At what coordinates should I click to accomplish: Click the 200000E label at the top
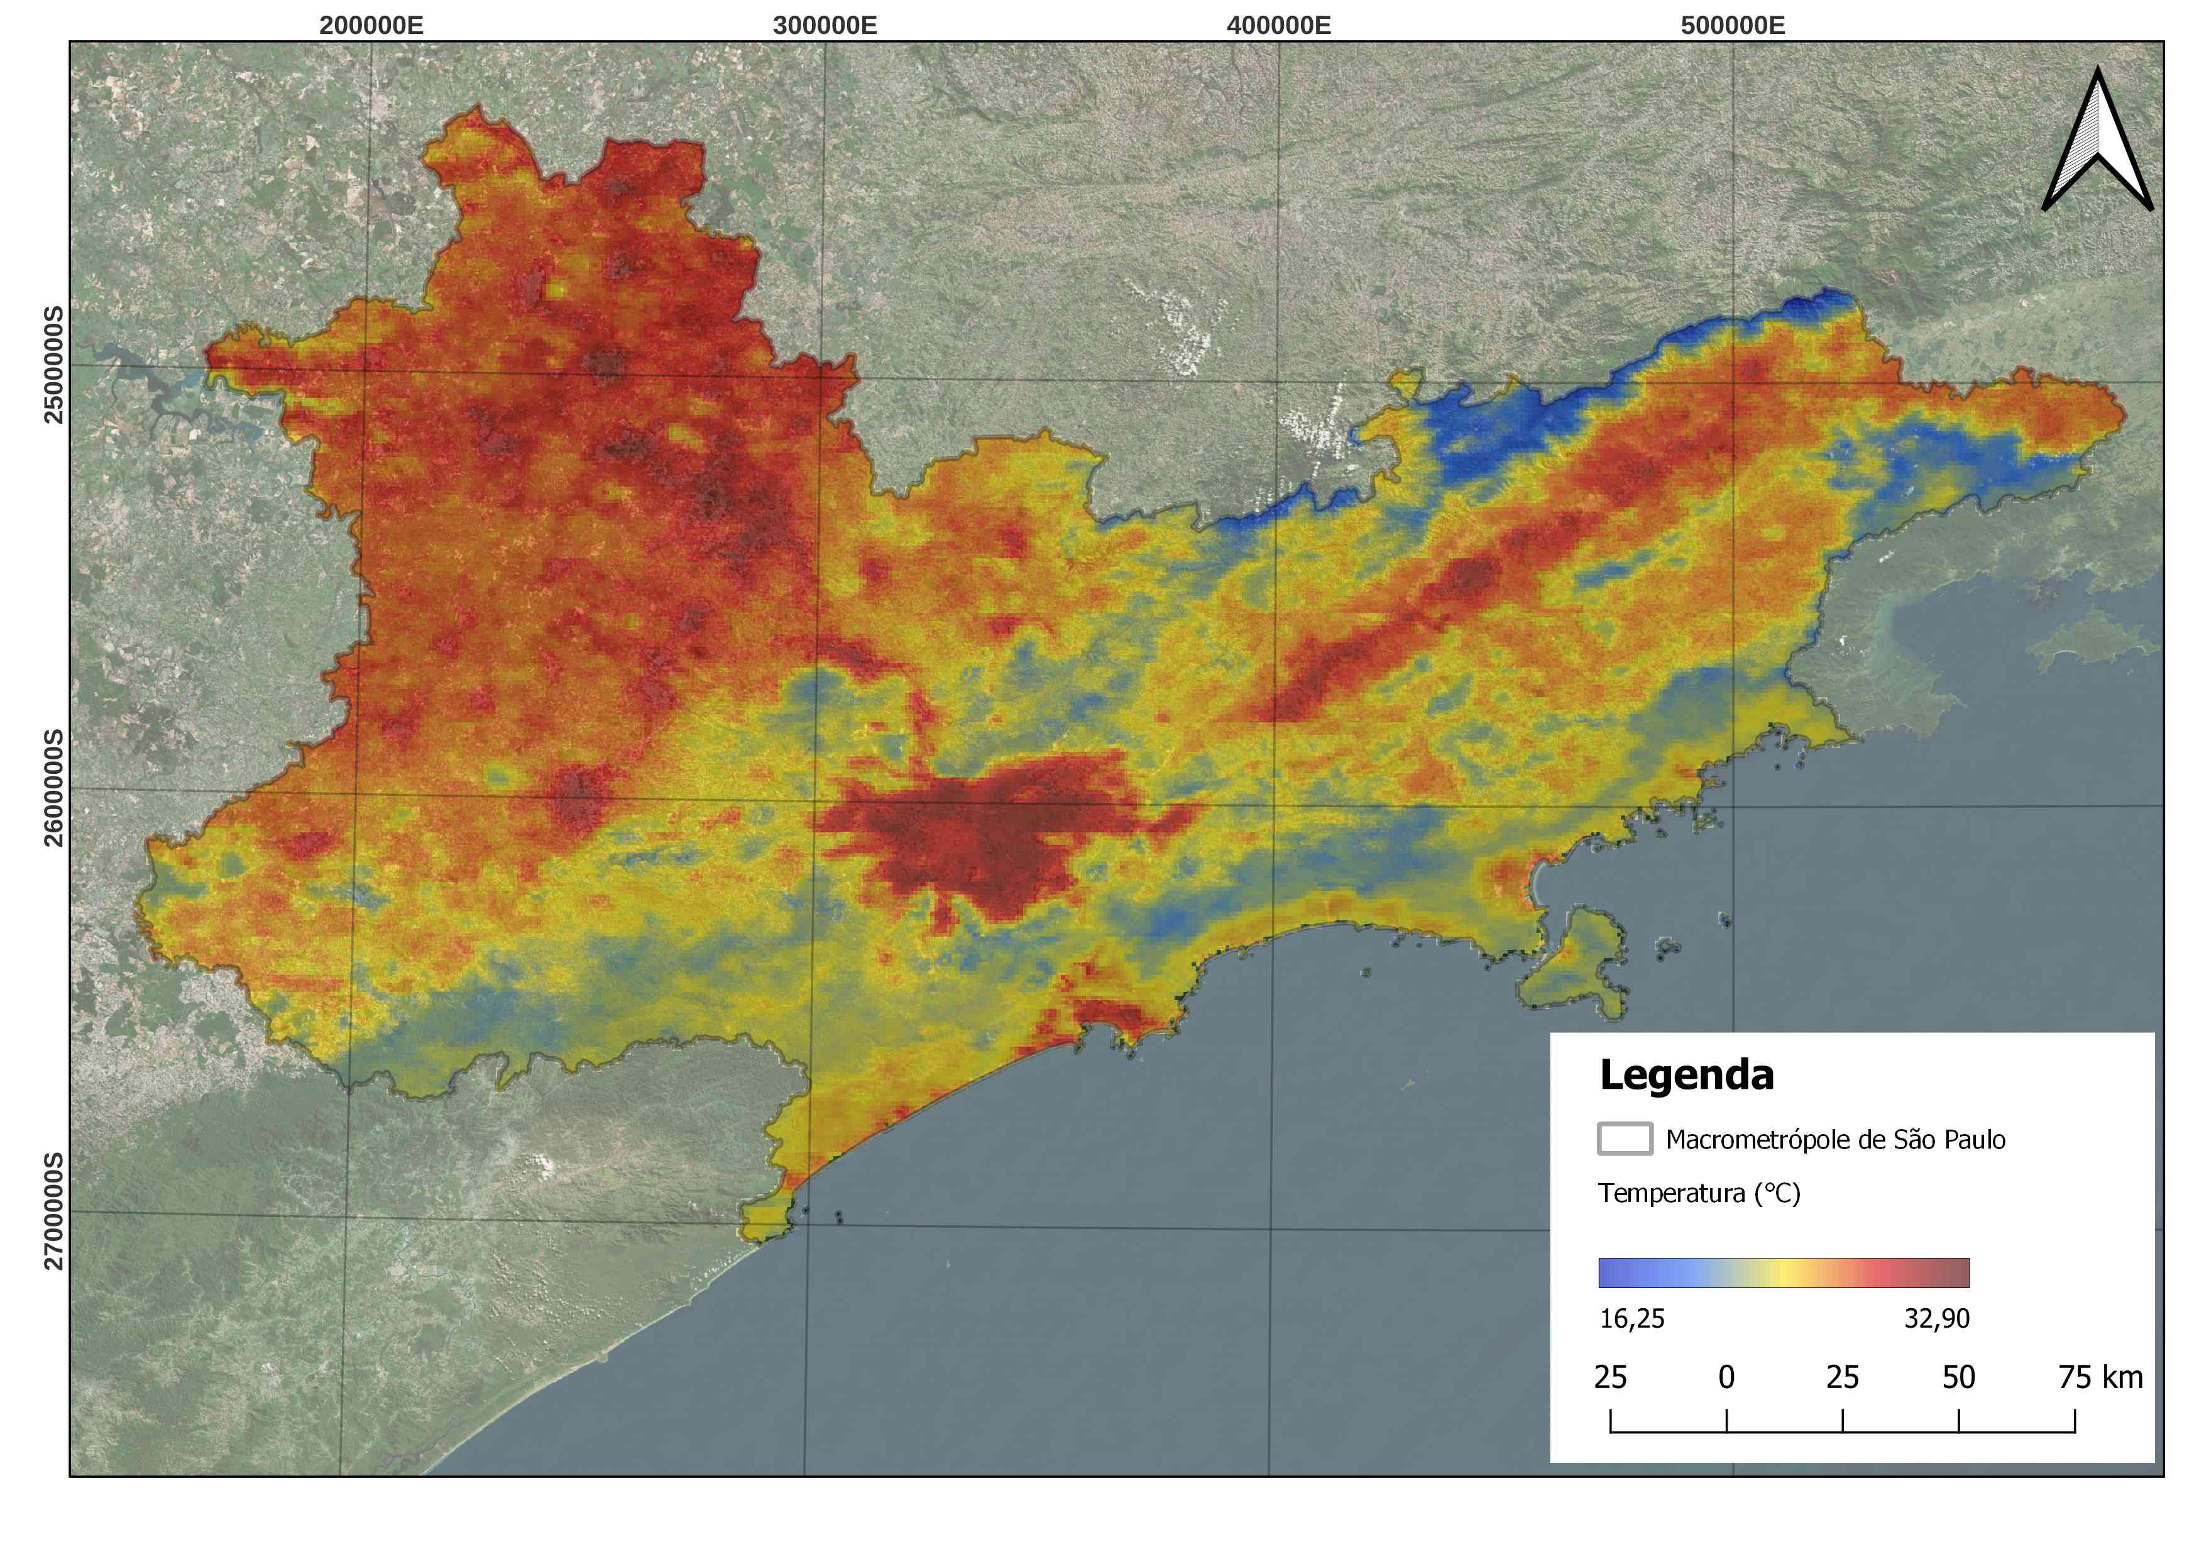pyautogui.click(x=371, y=25)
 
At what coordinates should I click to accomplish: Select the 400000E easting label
pyautogui.click(x=1279, y=25)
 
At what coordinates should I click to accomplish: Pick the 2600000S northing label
pyautogui.click(x=54, y=789)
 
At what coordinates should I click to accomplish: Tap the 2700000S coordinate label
pyautogui.click(x=54, y=1211)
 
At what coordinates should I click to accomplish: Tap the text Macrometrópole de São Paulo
pyautogui.click(x=1834, y=1140)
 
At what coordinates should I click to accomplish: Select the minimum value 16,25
pyautogui.click(x=1632, y=1319)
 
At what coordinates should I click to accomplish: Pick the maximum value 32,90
pyautogui.click(x=1936, y=1319)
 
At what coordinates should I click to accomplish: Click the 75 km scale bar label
pyautogui.click(x=2100, y=1377)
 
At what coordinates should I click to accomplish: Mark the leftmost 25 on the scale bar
pyautogui.click(x=1610, y=1377)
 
